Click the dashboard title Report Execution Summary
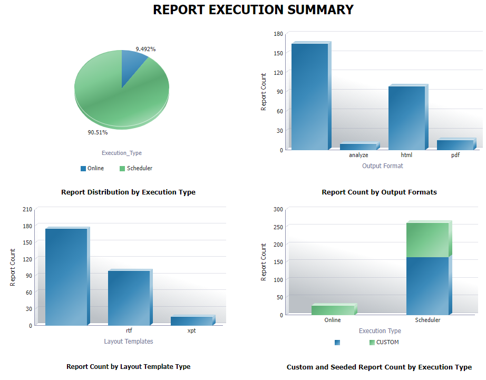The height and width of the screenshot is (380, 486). pyautogui.click(x=253, y=9)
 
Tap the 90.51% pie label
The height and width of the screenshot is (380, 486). pyautogui.click(x=98, y=132)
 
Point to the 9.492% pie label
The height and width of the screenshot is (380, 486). pyautogui.click(x=145, y=49)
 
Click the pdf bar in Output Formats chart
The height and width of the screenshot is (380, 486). pyautogui.click(x=455, y=144)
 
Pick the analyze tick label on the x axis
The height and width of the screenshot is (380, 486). pyautogui.click(x=358, y=155)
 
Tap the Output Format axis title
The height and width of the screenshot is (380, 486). pyautogui.click(x=382, y=166)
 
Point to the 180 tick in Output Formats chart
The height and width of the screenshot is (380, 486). pyautogui.click(x=278, y=33)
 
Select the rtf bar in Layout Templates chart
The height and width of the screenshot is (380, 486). pyautogui.click(x=129, y=297)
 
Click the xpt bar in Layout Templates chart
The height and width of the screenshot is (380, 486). pyautogui.click(x=191, y=320)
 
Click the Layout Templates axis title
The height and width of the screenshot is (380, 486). pyautogui.click(x=129, y=342)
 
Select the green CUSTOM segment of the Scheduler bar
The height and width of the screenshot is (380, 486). pyautogui.click(x=427, y=240)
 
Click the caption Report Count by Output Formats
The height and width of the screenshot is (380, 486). pyautogui.click(x=379, y=192)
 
